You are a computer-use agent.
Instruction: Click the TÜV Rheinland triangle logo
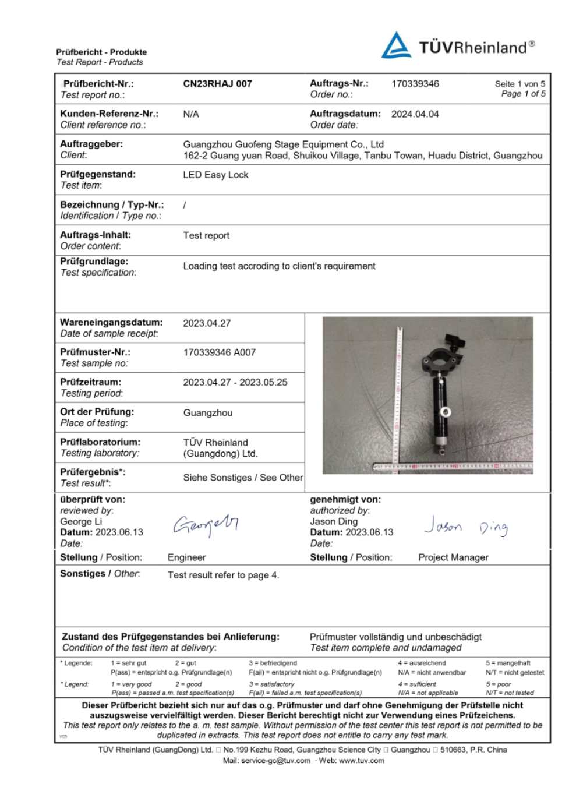point(396,46)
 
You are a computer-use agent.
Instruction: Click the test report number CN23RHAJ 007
point(217,84)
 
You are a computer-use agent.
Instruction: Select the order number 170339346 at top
point(415,84)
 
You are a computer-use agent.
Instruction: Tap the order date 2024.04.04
point(415,114)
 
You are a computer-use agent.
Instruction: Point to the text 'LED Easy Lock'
point(215,175)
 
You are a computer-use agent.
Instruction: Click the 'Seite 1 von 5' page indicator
point(519,84)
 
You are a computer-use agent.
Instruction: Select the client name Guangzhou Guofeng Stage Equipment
point(283,144)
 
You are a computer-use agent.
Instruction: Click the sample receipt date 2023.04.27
point(207,323)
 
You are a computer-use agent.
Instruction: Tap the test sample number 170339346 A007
point(219,352)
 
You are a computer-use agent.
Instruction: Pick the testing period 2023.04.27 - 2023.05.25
point(235,383)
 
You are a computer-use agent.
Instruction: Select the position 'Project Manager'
point(453,557)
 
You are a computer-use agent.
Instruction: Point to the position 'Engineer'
point(186,557)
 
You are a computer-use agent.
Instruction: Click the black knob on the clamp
point(453,340)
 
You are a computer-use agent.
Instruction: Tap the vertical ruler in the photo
point(399,396)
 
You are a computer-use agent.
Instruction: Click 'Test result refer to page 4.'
point(223,575)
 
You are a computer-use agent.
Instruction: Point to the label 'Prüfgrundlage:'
point(94,262)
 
